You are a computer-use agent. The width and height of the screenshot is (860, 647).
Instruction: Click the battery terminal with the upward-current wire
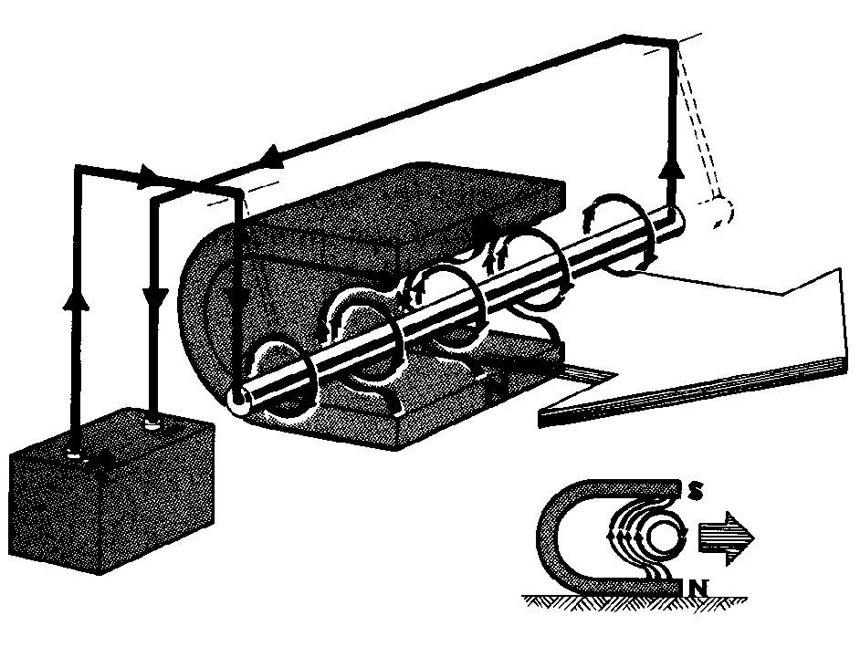click(x=74, y=453)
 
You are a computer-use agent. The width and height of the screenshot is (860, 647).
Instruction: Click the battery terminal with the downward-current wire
click(x=152, y=423)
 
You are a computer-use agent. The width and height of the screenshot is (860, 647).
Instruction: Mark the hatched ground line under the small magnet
click(x=634, y=601)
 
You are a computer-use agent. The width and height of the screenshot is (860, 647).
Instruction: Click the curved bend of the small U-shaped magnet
click(x=551, y=537)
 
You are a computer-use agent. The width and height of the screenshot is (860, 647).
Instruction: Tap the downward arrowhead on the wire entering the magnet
click(x=235, y=298)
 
